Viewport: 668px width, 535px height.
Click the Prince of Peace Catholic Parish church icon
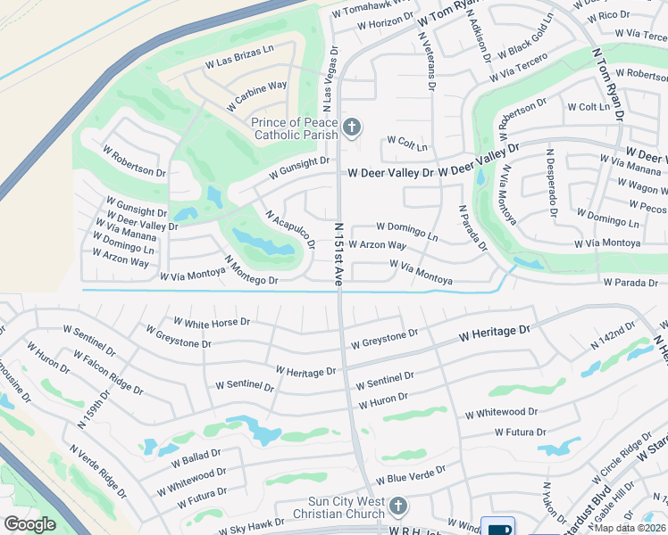pos(352,128)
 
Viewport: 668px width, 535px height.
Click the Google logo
pos(29,524)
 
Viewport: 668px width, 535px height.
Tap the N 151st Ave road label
pos(339,253)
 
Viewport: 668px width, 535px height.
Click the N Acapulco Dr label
pos(290,229)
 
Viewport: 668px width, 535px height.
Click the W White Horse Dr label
pos(212,321)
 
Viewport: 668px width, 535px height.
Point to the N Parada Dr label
pos(472,228)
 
